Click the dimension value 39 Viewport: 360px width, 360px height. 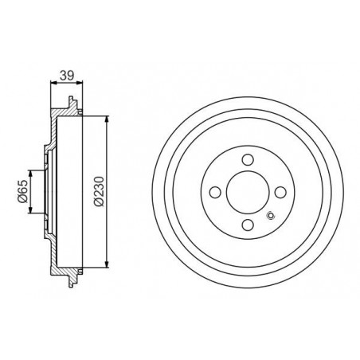pos(67,76)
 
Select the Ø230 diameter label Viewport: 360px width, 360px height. pos(100,191)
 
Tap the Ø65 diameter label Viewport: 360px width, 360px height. pos(22,191)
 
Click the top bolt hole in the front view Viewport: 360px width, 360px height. pos(248,160)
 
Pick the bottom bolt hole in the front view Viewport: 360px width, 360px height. pos(248,225)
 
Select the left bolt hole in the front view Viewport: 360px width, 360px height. pos(215,192)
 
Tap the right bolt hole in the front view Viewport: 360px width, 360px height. pos(280,192)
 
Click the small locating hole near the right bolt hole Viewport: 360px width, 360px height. pos(271,216)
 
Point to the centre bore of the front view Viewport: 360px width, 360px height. pos(248,192)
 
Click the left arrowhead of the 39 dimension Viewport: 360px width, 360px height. pos(53,83)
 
